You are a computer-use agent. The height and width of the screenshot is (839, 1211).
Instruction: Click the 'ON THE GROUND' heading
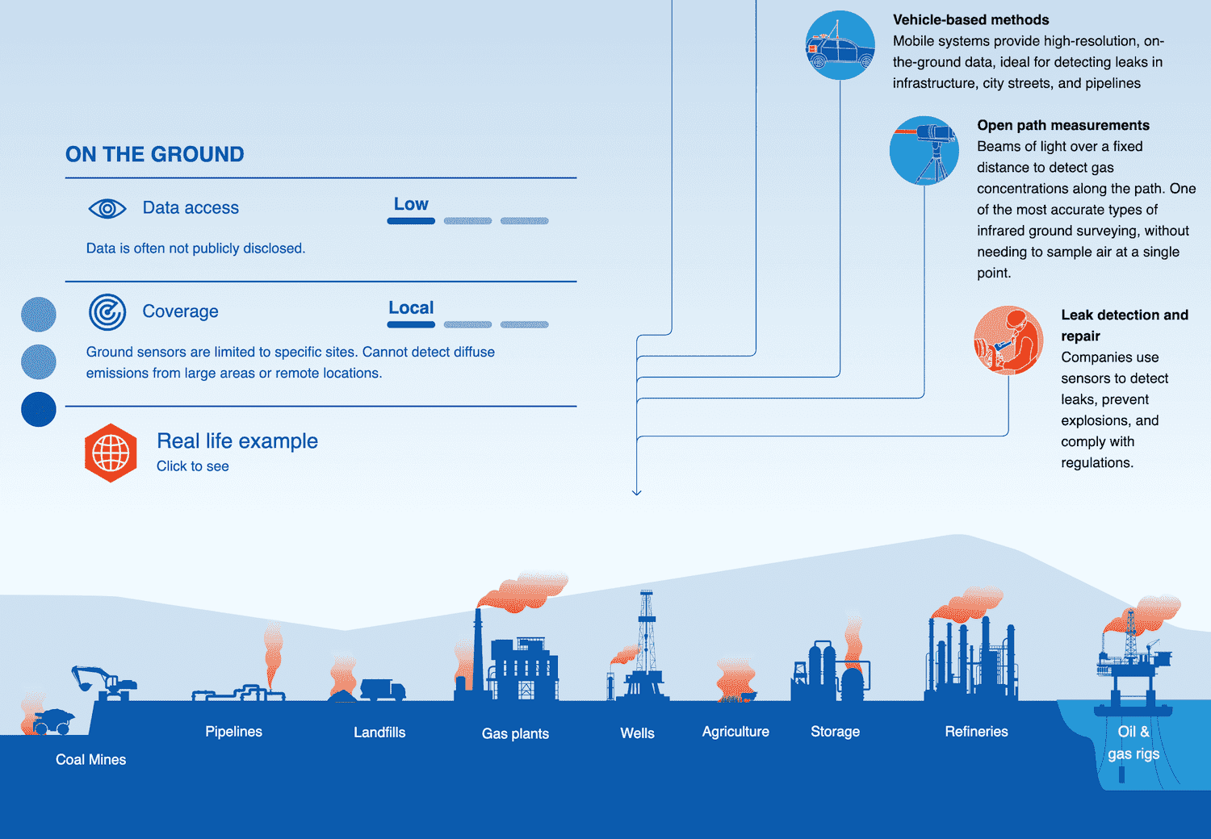[154, 154]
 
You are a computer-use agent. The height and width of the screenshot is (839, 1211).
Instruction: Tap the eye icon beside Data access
[107, 208]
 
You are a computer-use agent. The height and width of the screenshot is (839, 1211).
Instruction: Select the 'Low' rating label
[411, 204]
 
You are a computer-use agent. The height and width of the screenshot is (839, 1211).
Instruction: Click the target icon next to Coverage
[107, 312]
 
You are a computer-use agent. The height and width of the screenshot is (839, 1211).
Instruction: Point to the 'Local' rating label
[411, 307]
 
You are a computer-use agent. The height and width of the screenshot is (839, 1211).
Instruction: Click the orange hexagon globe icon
[111, 453]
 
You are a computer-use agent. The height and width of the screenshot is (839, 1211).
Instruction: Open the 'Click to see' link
[192, 466]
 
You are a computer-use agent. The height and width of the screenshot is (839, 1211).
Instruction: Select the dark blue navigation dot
[39, 409]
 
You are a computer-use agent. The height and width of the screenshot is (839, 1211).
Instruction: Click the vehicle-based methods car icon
[840, 45]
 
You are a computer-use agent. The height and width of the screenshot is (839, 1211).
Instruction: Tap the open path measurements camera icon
[924, 151]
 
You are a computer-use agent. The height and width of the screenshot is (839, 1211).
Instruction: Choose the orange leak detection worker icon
[1008, 340]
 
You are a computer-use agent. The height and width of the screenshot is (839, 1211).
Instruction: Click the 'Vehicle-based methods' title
[970, 20]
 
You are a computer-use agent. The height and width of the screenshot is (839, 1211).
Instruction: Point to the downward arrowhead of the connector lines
[637, 491]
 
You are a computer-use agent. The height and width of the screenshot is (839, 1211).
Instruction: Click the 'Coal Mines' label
[90, 759]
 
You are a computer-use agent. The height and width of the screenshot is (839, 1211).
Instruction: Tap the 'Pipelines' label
[233, 732]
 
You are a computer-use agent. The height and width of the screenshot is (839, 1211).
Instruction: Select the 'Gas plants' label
[515, 733]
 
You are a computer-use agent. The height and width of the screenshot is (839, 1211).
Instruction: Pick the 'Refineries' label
[976, 732]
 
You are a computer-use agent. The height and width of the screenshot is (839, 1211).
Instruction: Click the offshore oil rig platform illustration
[1133, 666]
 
